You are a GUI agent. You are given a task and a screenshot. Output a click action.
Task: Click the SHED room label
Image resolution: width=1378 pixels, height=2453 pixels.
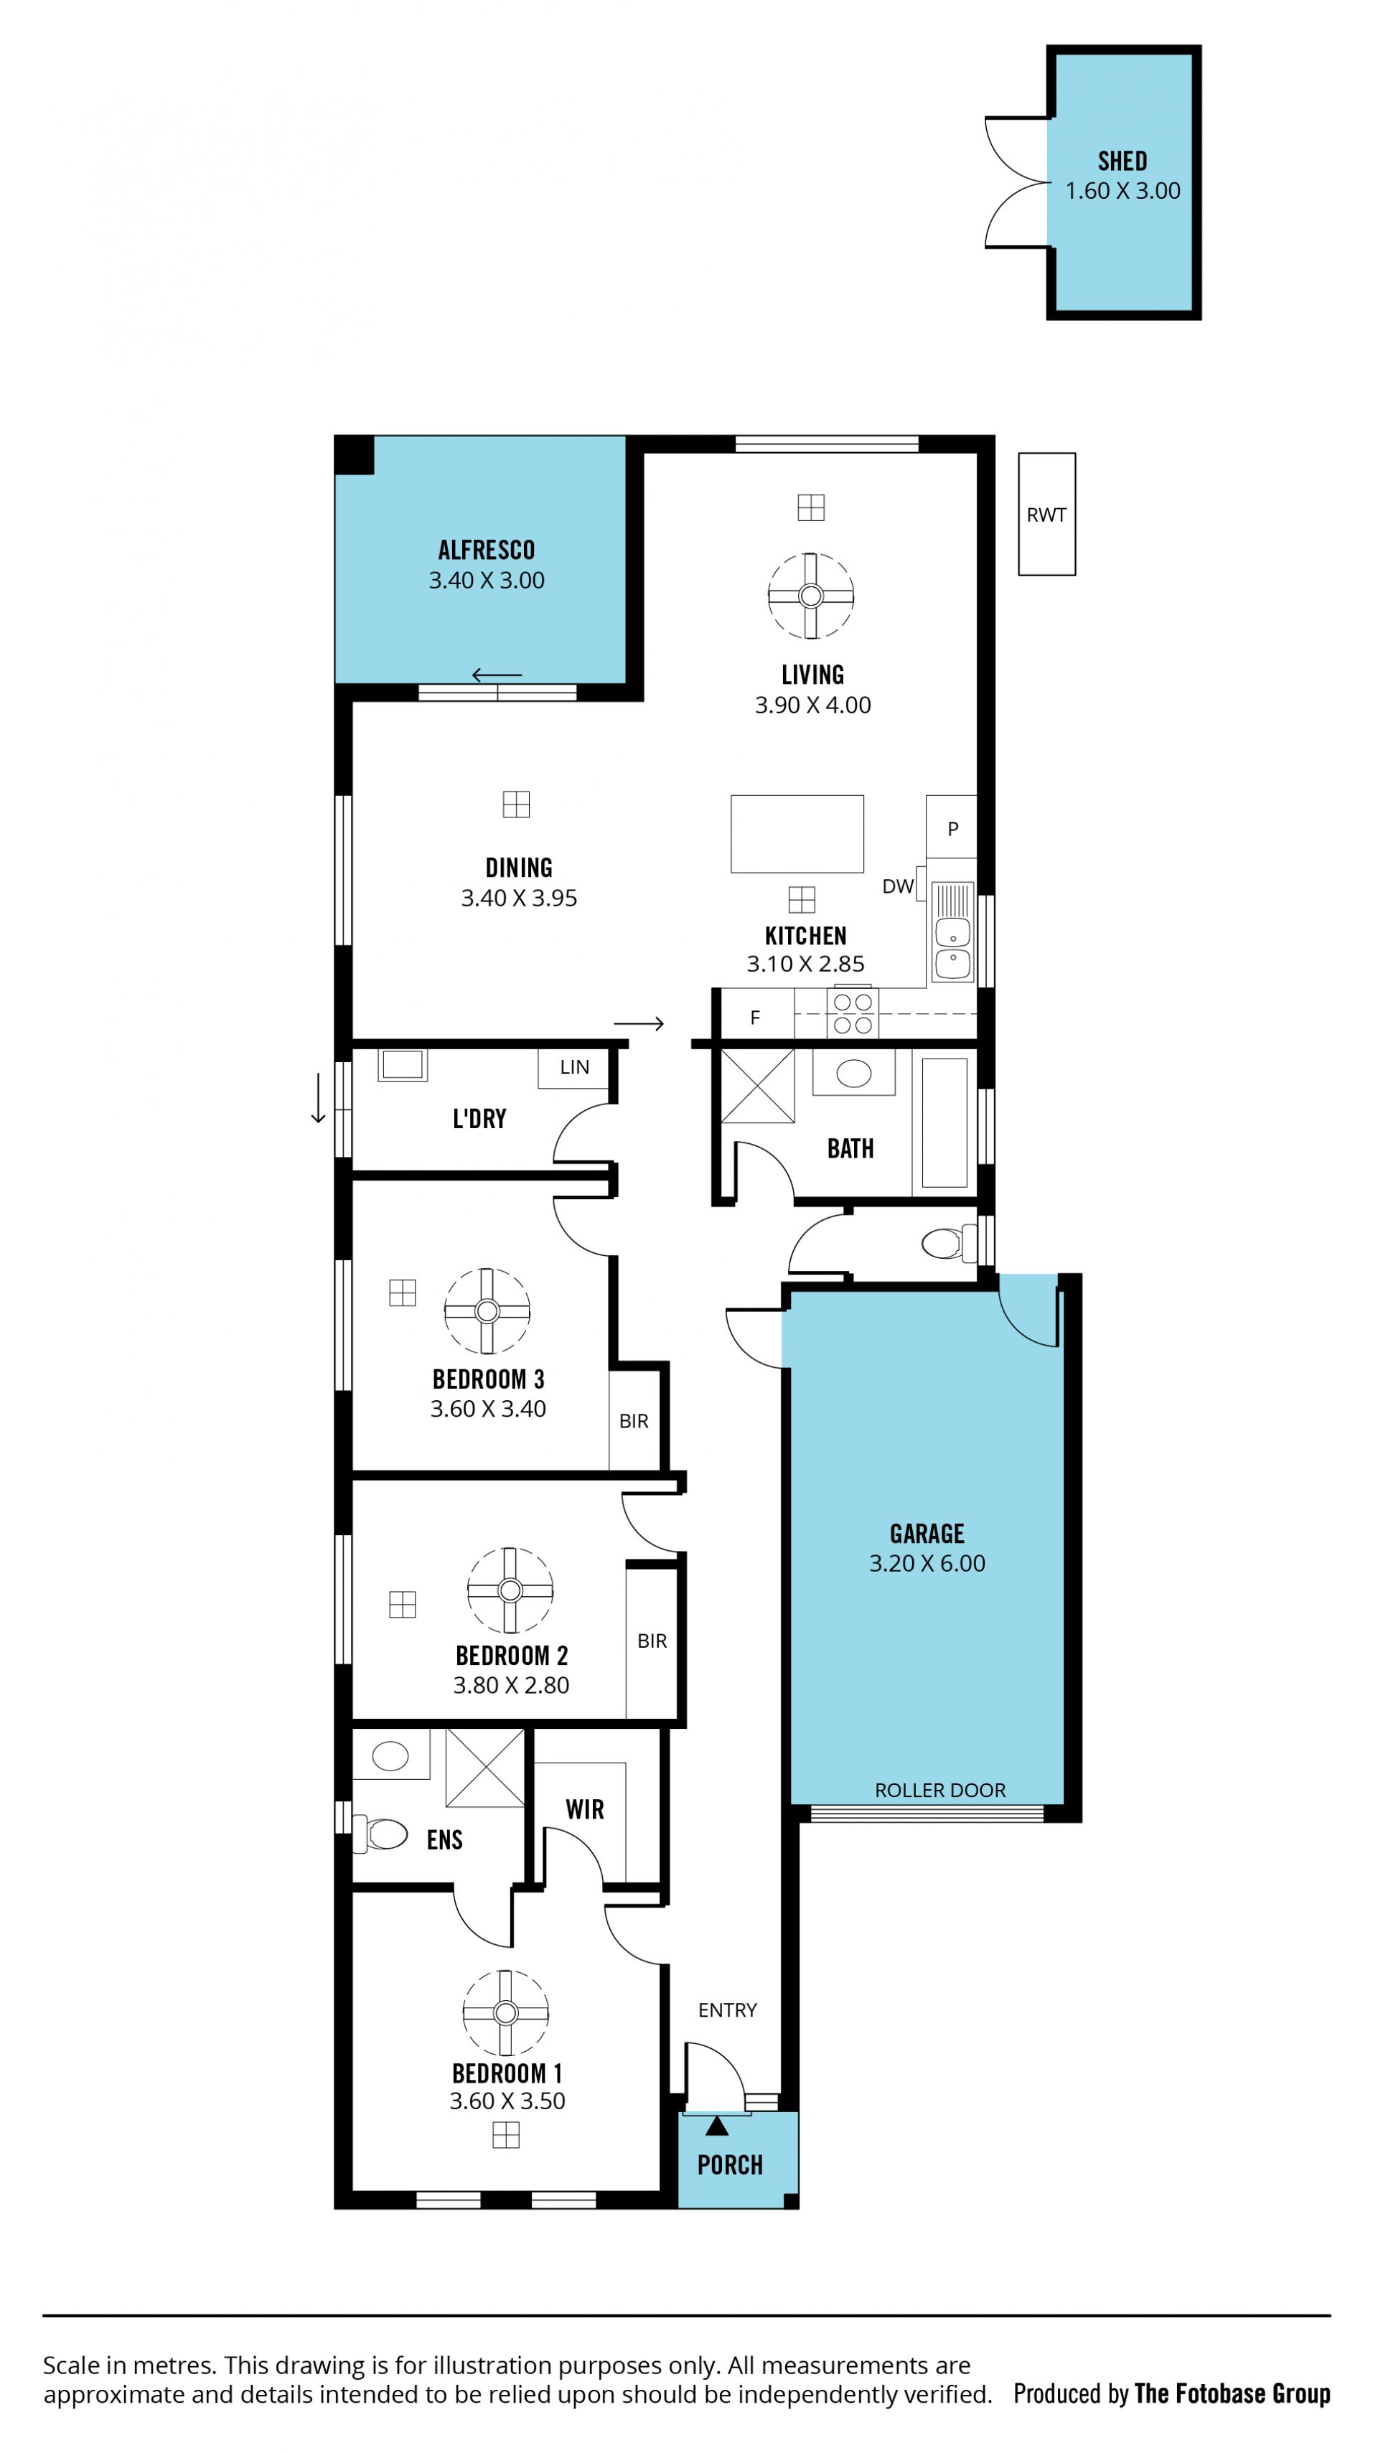click(1122, 161)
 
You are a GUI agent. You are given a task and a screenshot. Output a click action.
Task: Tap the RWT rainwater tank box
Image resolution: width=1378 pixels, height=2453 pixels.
click(1046, 515)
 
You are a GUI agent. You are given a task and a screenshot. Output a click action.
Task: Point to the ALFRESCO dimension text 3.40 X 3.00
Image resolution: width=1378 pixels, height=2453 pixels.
click(487, 580)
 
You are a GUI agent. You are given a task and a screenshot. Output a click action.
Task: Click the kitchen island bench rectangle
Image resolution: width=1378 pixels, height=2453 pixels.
click(797, 834)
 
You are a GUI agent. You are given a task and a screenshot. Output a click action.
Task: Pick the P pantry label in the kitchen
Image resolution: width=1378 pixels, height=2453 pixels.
click(952, 828)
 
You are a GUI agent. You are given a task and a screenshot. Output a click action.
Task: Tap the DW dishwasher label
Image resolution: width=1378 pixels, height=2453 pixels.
click(898, 886)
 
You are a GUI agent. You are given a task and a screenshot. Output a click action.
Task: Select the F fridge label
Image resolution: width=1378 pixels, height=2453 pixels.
click(755, 1018)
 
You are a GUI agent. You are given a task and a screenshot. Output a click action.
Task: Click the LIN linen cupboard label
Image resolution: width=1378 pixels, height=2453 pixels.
click(574, 1067)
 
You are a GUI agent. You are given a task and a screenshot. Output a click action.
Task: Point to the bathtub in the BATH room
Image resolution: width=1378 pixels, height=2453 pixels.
click(945, 1122)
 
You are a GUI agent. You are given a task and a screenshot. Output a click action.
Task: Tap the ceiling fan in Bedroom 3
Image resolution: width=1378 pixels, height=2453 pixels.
click(487, 1311)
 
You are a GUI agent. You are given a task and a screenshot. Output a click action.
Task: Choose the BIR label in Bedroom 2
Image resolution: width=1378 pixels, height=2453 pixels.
click(652, 1641)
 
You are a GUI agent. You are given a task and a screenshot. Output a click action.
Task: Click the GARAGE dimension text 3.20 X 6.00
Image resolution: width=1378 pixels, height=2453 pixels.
click(927, 1562)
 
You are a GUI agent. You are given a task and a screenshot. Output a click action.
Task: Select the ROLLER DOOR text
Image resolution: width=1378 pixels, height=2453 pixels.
click(940, 1791)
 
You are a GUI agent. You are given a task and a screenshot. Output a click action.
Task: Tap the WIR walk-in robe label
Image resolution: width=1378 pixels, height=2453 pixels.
click(585, 1809)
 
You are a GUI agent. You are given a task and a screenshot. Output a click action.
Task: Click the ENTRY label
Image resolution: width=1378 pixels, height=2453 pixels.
click(728, 2010)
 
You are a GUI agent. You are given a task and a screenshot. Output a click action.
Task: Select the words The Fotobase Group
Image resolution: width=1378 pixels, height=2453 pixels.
click(1232, 2393)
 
